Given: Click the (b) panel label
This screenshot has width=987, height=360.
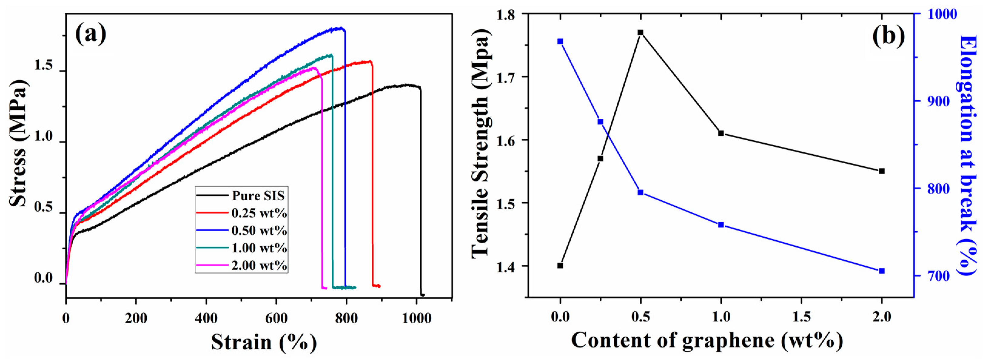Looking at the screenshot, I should pyautogui.click(x=888, y=36).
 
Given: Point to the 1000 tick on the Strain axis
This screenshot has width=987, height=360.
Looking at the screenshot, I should pyautogui.click(x=417, y=318).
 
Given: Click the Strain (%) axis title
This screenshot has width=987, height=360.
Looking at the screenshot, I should pyautogui.click(x=264, y=342).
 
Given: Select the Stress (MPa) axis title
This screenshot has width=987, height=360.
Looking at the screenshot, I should pyautogui.click(x=18, y=143).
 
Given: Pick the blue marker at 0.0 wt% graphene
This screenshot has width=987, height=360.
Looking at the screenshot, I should pyautogui.click(x=560, y=41).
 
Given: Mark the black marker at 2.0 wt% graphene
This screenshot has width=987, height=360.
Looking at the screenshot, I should pyautogui.click(x=882, y=171).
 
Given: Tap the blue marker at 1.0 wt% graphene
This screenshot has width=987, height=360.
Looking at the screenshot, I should pyautogui.click(x=721, y=225).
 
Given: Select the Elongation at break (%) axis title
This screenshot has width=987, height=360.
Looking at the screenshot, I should pyautogui.click(x=969, y=155).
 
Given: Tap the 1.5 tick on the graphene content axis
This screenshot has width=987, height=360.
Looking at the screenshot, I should pyautogui.click(x=801, y=317).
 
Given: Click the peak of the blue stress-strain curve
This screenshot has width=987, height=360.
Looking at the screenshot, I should pyautogui.click(x=339, y=28).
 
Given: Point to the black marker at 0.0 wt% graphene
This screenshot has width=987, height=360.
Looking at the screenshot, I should pyautogui.click(x=560, y=265).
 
